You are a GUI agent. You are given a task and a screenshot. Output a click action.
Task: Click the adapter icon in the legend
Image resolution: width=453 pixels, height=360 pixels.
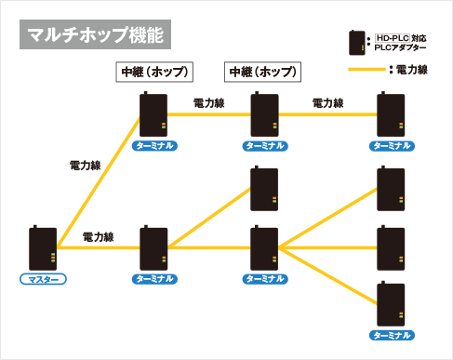click(355, 43)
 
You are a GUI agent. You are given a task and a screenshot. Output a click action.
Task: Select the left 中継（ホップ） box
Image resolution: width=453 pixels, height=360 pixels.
click(153, 73)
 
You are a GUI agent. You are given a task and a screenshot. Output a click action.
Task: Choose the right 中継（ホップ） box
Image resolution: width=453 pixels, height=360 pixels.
click(263, 73)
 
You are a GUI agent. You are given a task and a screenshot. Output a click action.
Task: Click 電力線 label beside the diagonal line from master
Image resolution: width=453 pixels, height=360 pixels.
click(86, 165)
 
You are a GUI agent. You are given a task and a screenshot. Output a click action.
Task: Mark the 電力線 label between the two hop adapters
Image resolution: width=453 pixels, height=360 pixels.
click(208, 102)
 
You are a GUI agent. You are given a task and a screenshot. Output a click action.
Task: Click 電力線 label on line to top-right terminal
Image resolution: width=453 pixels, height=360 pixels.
click(327, 102)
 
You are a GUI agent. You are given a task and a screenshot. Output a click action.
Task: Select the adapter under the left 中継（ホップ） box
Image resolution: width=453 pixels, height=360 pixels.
click(153, 115)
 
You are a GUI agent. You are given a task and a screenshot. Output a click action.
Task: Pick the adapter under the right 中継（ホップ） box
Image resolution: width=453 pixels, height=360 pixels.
click(264, 115)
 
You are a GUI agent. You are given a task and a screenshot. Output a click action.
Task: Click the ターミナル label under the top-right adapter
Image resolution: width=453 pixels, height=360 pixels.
click(391, 146)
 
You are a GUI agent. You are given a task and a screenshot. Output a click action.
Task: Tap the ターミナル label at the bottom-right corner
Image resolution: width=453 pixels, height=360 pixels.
click(391, 334)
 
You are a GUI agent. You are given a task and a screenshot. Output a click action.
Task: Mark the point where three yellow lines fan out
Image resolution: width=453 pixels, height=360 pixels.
click(282, 248)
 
